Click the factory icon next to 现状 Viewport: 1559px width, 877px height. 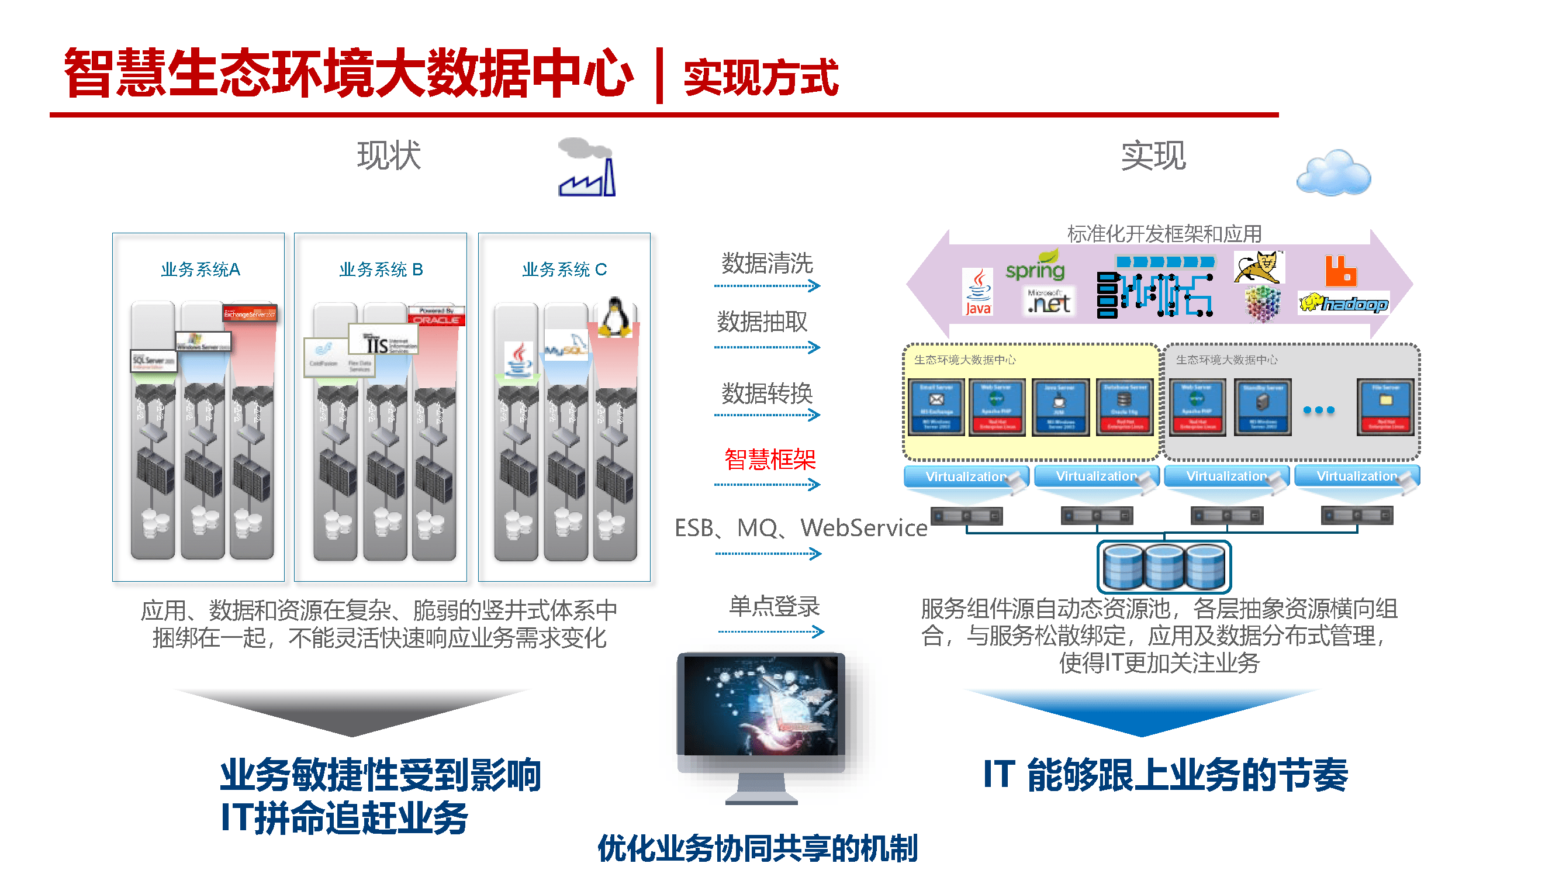(586, 168)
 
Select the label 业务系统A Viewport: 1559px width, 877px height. (201, 270)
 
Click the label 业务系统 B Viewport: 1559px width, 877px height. (381, 270)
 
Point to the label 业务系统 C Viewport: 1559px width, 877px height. (564, 270)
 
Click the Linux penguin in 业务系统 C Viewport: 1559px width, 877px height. (616, 317)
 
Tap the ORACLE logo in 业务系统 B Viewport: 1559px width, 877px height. (436, 316)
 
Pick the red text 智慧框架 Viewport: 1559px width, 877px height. (769, 460)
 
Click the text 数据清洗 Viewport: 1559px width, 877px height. (767, 263)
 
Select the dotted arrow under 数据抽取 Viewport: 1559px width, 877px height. (767, 347)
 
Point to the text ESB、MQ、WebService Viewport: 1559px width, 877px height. (800, 528)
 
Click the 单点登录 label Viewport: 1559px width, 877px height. (773, 606)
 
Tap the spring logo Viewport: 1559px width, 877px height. (1035, 266)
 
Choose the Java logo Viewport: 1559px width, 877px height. (978, 292)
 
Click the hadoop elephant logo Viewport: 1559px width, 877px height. (1344, 303)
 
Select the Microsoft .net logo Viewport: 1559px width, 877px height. (1048, 301)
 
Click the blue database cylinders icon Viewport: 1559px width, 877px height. (1164, 567)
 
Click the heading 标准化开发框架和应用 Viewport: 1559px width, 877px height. (1164, 234)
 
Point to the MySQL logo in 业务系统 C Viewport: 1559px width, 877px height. (565, 348)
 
